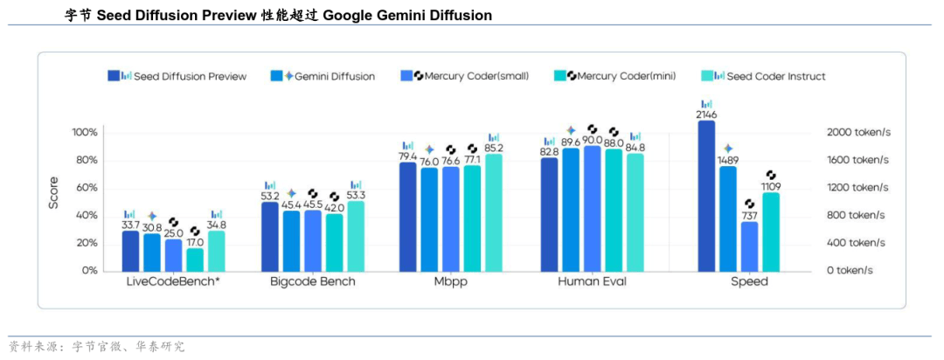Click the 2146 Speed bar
point(706,196)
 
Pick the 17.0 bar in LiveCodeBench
point(195,260)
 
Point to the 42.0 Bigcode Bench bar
point(334,242)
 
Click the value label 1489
point(728,160)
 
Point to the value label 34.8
point(216,225)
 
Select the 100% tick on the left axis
point(85,132)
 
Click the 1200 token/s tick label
point(857,187)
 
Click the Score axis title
point(53,195)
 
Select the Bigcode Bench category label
point(313,282)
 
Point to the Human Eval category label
point(592,282)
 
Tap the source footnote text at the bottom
point(96,347)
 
